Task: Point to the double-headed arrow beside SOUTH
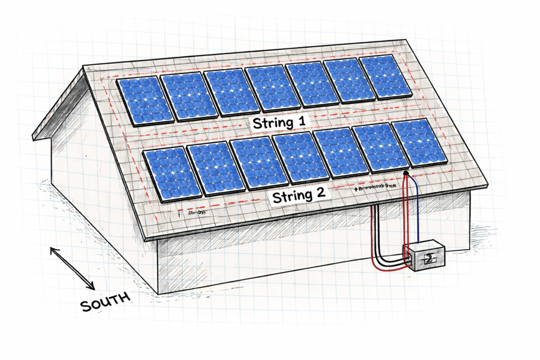(72, 268)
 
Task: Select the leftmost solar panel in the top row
(144, 100)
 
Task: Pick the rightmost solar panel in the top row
(385, 77)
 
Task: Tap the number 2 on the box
(430, 258)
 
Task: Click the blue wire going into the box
(417, 211)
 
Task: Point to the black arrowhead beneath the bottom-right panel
(405, 172)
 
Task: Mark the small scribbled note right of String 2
(375, 187)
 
